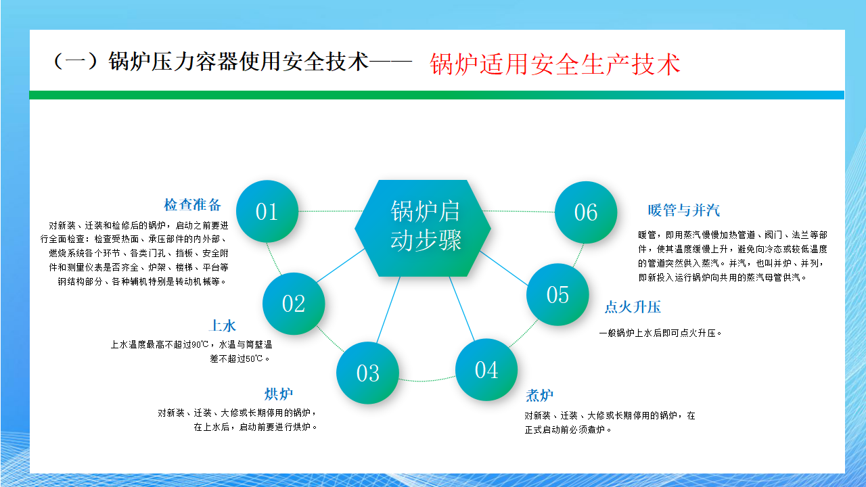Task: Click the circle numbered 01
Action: coord(267,212)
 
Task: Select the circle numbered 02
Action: coord(294,304)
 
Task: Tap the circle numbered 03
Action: coord(367,373)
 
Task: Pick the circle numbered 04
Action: coord(486,370)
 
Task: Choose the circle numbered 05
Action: coord(557,294)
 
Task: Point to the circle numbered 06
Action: coord(586,212)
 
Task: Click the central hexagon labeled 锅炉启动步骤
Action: coord(423,228)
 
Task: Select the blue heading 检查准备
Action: coord(193,204)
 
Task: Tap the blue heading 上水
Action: coord(223,325)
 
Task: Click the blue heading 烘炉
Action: coord(279,394)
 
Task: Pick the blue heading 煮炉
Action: coord(540,396)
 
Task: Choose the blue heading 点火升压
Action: coord(633,307)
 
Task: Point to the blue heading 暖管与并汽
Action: coord(684,210)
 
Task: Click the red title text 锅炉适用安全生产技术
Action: coord(555,64)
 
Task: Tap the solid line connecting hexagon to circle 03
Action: coord(388,310)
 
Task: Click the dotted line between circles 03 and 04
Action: coord(427,379)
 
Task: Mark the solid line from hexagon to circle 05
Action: coord(504,269)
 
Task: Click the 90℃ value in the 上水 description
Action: coord(200,344)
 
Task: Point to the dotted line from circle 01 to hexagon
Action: coord(330,211)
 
